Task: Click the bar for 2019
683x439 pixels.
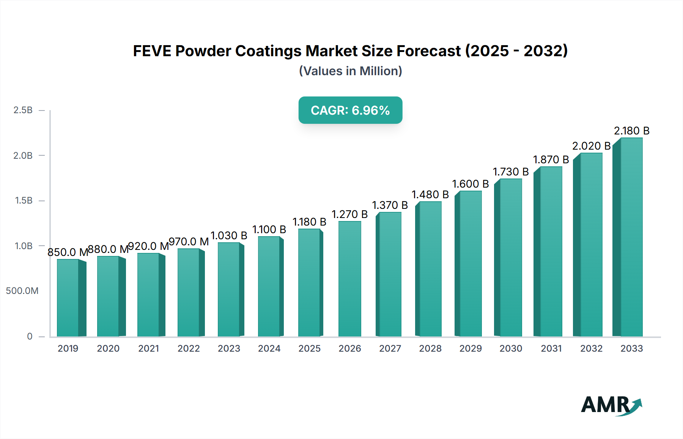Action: (68, 298)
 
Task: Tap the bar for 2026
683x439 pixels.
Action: (349, 279)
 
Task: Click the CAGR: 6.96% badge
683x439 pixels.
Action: (350, 110)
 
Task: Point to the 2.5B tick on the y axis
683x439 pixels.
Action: (23, 110)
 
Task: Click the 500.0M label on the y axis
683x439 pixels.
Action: (22, 291)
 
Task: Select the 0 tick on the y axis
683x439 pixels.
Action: (30, 336)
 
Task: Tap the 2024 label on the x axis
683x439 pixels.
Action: (269, 349)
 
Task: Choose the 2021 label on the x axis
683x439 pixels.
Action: (148, 349)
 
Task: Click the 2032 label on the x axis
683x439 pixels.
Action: (591, 349)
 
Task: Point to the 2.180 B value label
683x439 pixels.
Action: (631, 131)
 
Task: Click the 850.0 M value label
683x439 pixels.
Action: (68, 252)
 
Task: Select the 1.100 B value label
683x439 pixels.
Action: (269, 230)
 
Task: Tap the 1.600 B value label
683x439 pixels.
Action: (470, 184)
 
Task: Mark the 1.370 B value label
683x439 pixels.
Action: (390, 205)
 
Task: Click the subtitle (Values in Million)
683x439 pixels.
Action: (350, 71)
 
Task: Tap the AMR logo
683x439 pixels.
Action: (611, 405)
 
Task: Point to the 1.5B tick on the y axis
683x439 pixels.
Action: (24, 201)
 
